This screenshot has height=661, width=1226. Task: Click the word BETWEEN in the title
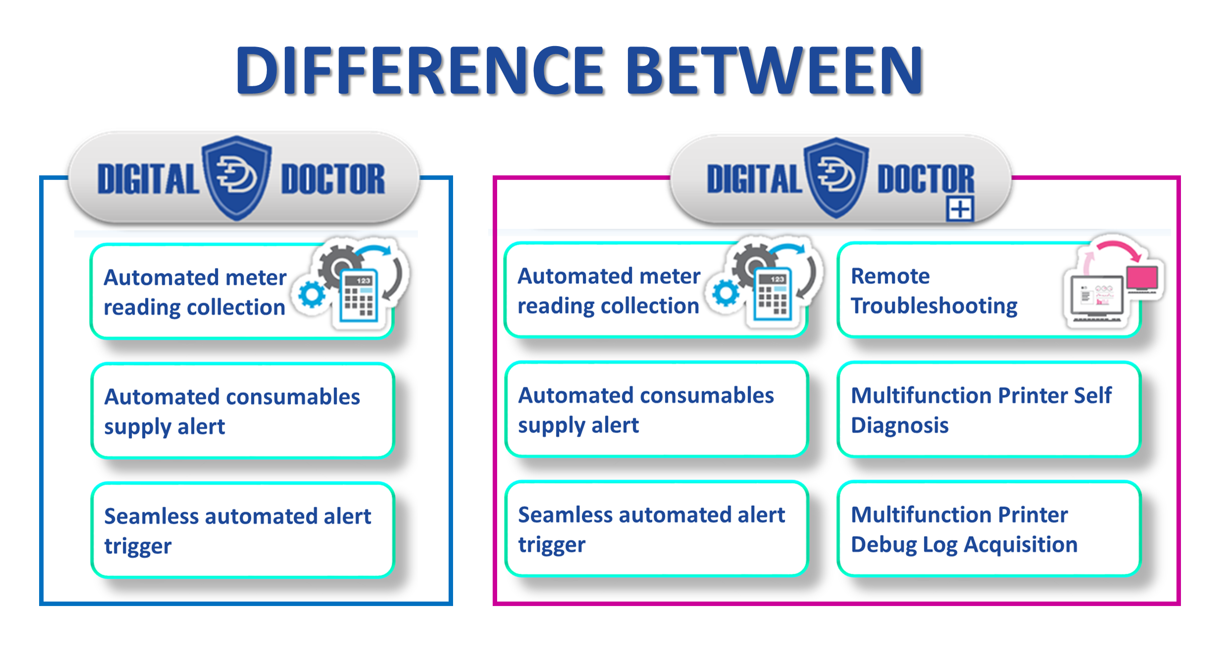click(x=775, y=70)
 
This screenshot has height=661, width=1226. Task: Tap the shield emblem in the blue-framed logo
click(x=237, y=177)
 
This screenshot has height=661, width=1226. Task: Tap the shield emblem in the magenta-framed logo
click(x=836, y=177)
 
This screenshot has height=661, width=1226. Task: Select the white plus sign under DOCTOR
click(x=960, y=209)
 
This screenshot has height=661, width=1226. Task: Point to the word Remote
click(x=890, y=276)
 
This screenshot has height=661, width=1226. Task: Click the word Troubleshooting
click(x=934, y=306)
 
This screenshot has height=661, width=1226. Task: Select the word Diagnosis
click(x=900, y=425)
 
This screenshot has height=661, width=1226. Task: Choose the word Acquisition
click(x=1021, y=545)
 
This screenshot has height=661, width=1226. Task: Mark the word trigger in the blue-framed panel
click(x=138, y=546)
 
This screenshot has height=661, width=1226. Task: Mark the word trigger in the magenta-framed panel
click(x=552, y=545)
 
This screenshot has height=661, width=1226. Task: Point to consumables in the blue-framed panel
click(x=293, y=397)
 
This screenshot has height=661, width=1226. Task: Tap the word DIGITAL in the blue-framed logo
click(x=148, y=179)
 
